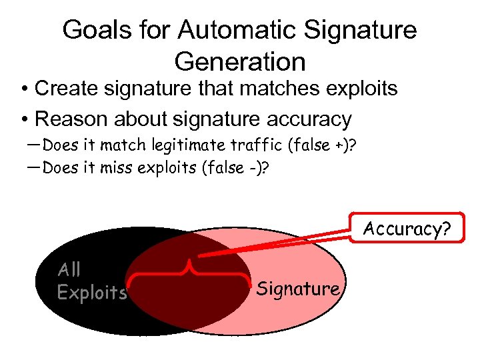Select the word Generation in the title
240,61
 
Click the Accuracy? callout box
407,229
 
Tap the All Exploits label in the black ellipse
91,281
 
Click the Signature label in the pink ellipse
298,289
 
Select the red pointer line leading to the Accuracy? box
273,244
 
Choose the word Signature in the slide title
360,30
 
